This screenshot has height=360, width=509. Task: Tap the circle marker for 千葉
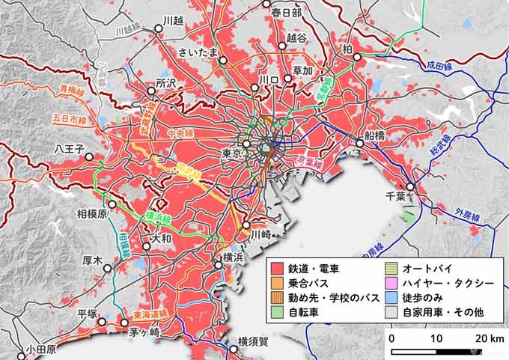click(x=410, y=187)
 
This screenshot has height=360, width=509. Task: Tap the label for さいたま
click(x=198, y=52)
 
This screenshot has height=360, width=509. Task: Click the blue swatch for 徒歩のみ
click(x=390, y=298)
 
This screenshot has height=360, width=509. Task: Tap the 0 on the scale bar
click(x=392, y=338)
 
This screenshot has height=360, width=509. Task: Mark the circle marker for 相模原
click(x=112, y=204)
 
